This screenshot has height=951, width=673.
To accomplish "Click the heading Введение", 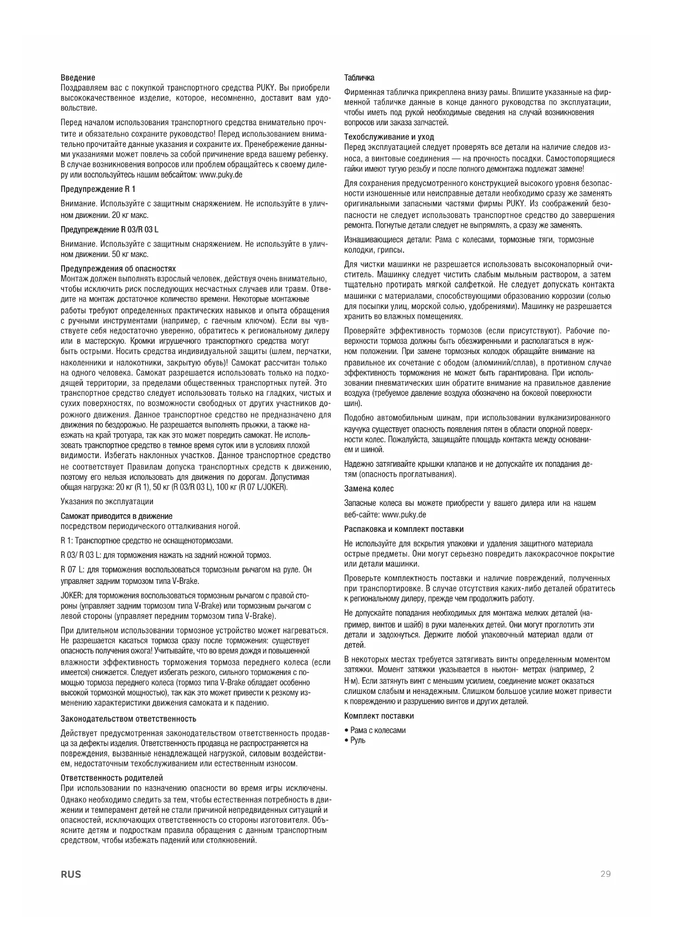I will pyautogui.click(x=78, y=78).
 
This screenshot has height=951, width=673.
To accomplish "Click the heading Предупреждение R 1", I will pyautogui.click(x=98, y=189).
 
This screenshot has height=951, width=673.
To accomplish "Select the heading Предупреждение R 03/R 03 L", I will pyautogui.click(x=110, y=229).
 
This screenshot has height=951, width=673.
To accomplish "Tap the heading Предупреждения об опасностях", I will pyautogui.click(x=118, y=269).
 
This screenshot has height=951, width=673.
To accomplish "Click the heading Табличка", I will pyautogui.click(x=359, y=78).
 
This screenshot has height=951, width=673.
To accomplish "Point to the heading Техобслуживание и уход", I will pyautogui.click(x=389, y=137).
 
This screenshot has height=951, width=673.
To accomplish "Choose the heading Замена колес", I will pyautogui.click(x=369, y=489).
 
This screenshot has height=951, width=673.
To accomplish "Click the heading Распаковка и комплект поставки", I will pyautogui.click(x=404, y=529).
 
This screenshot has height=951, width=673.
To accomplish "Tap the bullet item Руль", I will pyautogui.click(x=357, y=741).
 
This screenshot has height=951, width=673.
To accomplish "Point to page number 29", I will pyautogui.click(x=605, y=874).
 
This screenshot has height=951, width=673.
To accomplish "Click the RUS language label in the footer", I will pyautogui.click(x=71, y=875).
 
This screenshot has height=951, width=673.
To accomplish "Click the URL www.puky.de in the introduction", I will pyautogui.click(x=221, y=175).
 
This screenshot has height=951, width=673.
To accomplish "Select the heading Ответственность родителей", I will pyautogui.click(x=112, y=778).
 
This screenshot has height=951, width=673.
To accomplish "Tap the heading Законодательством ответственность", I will pyautogui.click(x=129, y=719).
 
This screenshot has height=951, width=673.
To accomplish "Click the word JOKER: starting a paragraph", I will pyautogui.click(x=72, y=596).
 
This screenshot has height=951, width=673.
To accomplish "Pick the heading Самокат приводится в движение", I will pyautogui.click(x=117, y=516).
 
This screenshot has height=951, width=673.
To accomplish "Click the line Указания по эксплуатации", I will pyautogui.click(x=107, y=502).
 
